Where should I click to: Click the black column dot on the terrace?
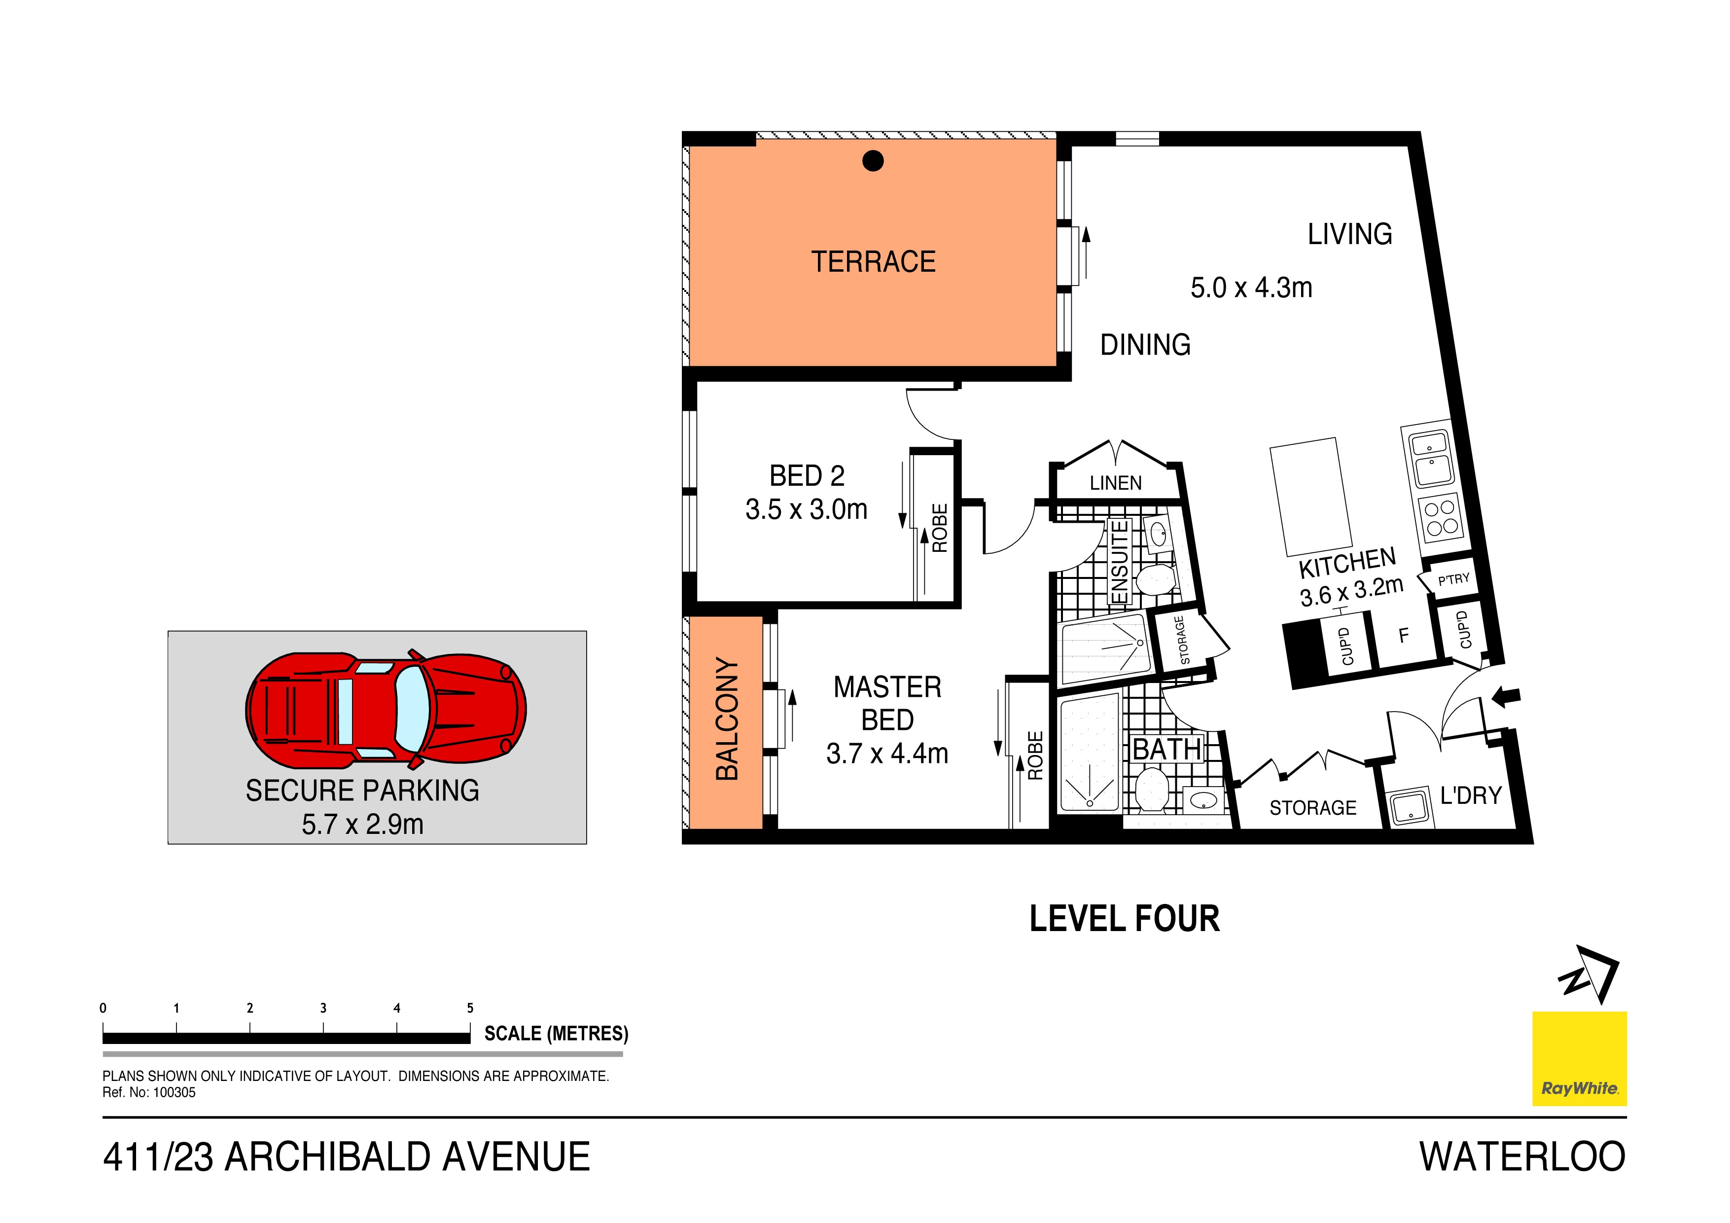[873, 160]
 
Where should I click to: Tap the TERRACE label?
[873, 261]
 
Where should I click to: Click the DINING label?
[1145, 345]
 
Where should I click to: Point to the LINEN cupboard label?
[1115, 483]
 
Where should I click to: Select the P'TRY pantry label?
[1453, 579]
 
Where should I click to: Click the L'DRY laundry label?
[1471, 796]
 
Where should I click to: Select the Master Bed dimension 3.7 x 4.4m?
[887, 754]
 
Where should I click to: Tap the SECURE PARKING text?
[362, 791]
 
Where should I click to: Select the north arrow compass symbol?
[1589, 974]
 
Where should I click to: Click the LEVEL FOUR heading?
[1124, 919]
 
